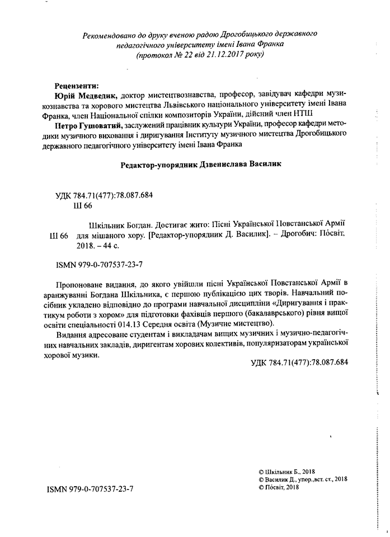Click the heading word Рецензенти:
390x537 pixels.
pyautogui.click(x=76, y=86)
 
